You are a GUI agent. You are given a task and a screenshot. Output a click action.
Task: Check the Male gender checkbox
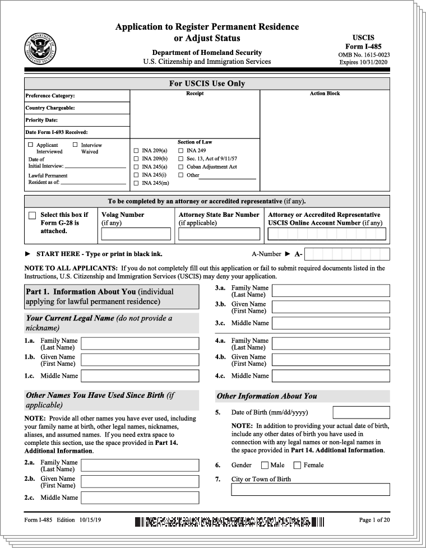click(x=265, y=465)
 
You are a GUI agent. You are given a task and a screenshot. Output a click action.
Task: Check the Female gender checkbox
click(x=297, y=465)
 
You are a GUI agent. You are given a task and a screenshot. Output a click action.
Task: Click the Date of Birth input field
click(x=361, y=412)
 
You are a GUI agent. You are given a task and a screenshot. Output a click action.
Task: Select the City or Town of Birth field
click(x=311, y=489)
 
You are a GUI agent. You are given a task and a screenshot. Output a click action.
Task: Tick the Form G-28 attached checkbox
click(x=32, y=216)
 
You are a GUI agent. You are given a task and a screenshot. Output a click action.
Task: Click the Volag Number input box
click(x=136, y=234)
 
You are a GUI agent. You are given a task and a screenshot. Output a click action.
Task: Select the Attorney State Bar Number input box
click(x=219, y=234)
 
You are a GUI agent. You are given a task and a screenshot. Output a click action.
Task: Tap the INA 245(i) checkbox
click(x=136, y=175)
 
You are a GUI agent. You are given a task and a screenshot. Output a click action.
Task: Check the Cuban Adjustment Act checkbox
click(x=181, y=167)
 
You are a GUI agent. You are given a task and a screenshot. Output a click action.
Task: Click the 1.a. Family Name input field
click(x=140, y=343)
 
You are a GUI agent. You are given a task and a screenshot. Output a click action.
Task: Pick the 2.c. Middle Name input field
click(x=140, y=498)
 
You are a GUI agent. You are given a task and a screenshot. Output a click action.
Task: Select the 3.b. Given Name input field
click(x=331, y=307)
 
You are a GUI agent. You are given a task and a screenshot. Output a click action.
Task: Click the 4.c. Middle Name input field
click(x=331, y=375)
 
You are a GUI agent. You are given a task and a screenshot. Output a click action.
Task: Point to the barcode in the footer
click(x=229, y=522)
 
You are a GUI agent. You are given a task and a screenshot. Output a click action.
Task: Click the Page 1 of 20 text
click(x=374, y=520)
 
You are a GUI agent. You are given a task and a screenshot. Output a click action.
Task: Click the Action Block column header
click(x=325, y=94)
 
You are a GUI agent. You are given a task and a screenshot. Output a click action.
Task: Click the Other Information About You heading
click(x=267, y=396)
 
